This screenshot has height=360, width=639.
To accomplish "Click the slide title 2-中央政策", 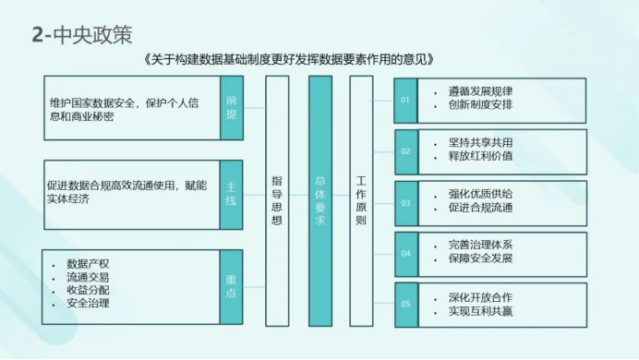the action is tap(82, 35).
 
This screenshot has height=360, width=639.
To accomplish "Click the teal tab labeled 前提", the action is tap(232, 108).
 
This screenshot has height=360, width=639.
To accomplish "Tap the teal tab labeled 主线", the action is tap(231, 195).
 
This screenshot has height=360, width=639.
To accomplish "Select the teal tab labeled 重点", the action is tap(231, 287).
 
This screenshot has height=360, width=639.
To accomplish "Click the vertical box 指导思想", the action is tap(277, 201).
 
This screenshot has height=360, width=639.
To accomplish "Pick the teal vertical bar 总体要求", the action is tap(320, 201).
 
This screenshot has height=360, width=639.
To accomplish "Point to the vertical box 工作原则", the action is tap(361, 201).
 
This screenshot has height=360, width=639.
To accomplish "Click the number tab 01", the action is tap(405, 101).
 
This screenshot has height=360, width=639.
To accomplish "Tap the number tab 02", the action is tap(406, 152).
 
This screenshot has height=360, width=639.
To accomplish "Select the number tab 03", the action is tap(406, 203).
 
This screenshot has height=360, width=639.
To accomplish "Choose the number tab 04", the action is tap(406, 254).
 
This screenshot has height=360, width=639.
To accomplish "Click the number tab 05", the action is tap(406, 305).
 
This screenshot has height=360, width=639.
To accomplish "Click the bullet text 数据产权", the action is tap(88, 264).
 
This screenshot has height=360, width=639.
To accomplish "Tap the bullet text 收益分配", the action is tap(88, 290).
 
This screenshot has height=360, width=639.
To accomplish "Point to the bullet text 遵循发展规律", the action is tap(480, 91).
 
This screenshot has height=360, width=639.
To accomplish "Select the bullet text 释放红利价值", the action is tap(480, 156).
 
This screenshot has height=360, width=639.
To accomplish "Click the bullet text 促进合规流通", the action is tap(480, 208).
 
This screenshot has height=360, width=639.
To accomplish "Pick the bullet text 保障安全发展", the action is tap(480, 258).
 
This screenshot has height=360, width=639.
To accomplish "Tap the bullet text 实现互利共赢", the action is tap(480, 311).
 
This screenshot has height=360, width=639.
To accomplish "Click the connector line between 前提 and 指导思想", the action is tap(255, 108).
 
